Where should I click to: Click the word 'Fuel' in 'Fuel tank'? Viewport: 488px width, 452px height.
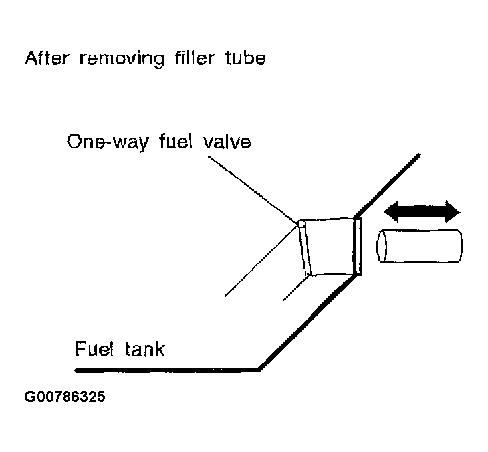pos(93,348)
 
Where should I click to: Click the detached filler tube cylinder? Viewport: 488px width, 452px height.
pos(418,245)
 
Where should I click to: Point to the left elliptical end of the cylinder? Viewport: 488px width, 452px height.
pos(382,246)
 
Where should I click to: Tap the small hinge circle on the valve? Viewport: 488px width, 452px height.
pos(301,224)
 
